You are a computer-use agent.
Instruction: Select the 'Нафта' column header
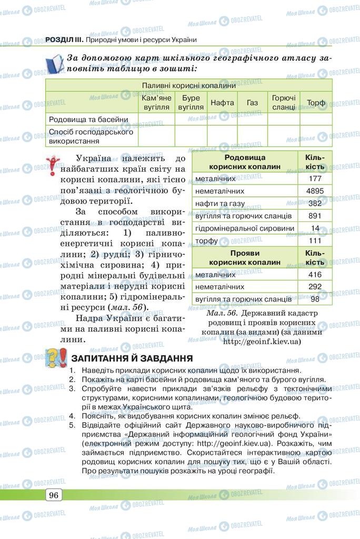[x=222, y=103]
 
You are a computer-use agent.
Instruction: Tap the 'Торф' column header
[x=316, y=103]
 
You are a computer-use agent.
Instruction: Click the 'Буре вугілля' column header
[x=191, y=103]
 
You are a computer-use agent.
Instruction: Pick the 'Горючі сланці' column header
[x=284, y=103]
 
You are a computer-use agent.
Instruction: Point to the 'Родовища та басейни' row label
[x=88, y=119]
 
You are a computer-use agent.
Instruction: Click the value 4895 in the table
[x=315, y=191]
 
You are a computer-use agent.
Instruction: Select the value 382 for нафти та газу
[x=315, y=203]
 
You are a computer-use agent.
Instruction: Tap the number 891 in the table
[x=315, y=216]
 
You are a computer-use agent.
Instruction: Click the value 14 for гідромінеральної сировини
[x=315, y=228]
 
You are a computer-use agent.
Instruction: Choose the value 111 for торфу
[x=315, y=240]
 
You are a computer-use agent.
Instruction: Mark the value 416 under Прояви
[x=315, y=274]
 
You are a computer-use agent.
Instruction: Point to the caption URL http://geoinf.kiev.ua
[x=262, y=342]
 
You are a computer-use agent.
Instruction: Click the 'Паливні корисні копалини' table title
[x=188, y=85]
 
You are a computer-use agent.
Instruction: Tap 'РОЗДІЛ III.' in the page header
[x=63, y=39]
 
